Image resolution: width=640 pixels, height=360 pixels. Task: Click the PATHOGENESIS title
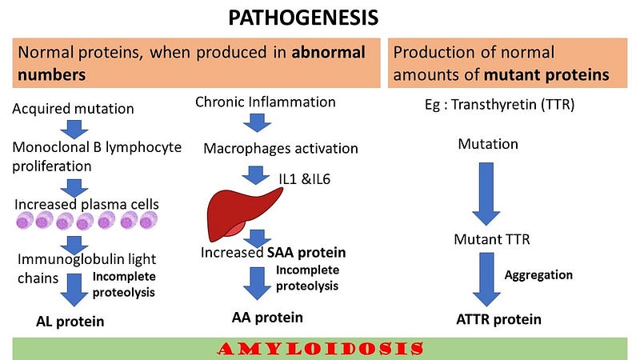[303, 18]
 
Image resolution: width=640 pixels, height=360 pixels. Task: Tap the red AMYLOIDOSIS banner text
[320, 349]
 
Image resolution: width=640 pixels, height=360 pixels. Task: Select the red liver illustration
[243, 214]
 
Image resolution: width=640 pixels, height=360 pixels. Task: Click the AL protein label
[70, 322]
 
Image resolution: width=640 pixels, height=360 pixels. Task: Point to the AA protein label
[267, 318]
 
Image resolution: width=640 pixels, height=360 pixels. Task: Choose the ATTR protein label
[498, 319]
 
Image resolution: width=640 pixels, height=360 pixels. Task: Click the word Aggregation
[538, 275]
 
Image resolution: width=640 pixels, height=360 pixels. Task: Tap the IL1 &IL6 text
[305, 179]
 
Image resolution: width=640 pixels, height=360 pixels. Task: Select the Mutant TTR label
[492, 239]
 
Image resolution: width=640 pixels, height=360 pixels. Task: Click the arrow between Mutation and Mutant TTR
[486, 194]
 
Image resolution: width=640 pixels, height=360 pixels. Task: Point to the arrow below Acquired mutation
[74, 130]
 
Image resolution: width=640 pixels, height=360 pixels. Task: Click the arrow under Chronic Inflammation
[257, 122]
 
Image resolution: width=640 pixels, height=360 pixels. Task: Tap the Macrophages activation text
[281, 149]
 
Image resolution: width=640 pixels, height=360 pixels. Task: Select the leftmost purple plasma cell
[25, 222]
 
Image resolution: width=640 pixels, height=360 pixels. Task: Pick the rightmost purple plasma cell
[148, 221]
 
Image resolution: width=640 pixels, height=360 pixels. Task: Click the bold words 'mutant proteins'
[546, 75]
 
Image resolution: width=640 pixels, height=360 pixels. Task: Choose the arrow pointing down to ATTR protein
[486, 279]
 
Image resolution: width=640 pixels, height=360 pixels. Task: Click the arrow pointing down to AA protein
[257, 284]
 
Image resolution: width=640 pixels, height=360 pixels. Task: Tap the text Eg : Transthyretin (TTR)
[499, 105]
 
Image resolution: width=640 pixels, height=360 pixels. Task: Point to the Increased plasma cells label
[86, 204]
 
